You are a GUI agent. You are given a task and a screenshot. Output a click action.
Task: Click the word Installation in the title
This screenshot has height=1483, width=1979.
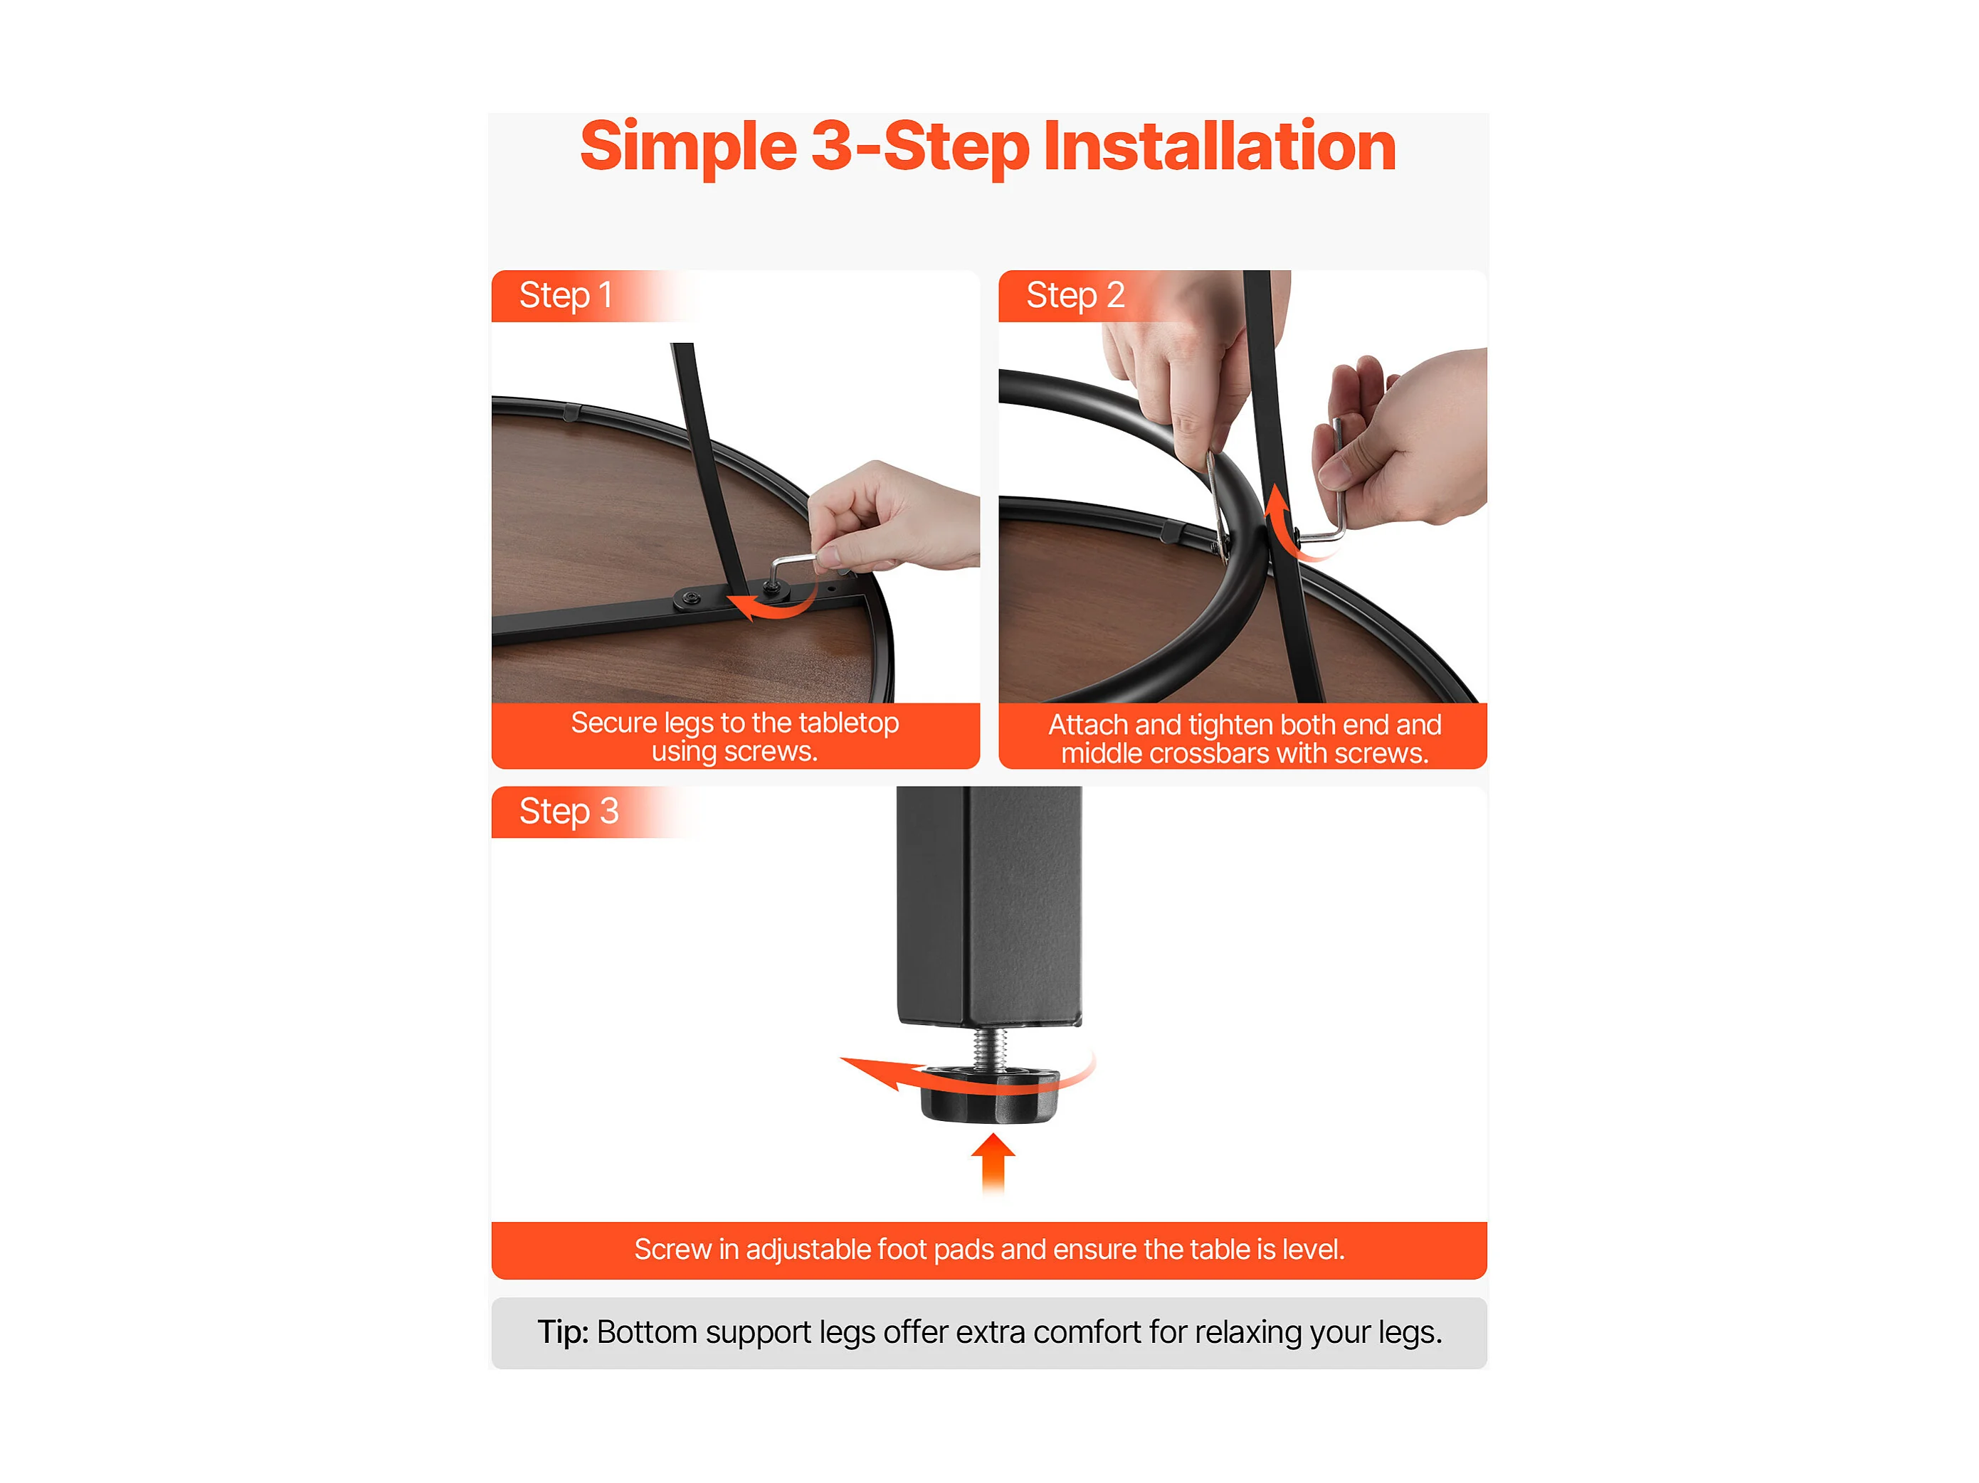[1220, 146]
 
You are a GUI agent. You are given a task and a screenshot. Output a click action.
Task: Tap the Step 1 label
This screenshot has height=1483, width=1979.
[566, 295]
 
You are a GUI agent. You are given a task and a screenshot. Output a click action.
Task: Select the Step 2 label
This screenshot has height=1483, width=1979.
[1075, 295]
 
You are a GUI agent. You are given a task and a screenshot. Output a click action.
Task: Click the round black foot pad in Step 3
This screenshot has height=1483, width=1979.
[988, 1093]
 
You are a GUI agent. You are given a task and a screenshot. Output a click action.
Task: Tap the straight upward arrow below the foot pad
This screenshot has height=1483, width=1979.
[993, 1163]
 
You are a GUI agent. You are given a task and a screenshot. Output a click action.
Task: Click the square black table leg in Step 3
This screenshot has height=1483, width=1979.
[988, 905]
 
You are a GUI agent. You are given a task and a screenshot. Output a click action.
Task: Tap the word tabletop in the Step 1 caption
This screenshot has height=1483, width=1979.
[848, 722]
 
